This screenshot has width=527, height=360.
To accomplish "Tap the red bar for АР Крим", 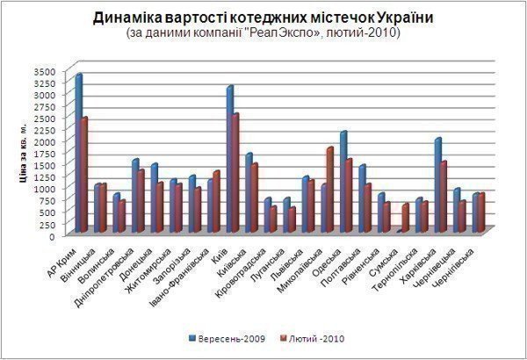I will point(84,176).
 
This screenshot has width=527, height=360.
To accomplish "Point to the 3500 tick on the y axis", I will point(44,70).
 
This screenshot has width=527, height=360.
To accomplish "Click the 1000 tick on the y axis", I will point(44,189).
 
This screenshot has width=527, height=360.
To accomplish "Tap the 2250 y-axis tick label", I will point(44,129).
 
